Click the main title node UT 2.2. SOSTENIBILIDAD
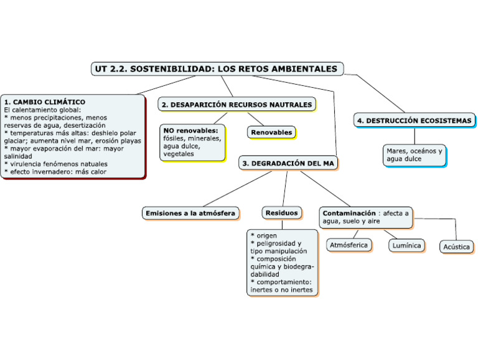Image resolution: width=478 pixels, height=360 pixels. (217, 69)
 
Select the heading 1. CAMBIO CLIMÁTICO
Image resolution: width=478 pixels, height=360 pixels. (44, 101)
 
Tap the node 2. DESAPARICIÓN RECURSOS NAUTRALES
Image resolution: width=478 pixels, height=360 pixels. (237, 105)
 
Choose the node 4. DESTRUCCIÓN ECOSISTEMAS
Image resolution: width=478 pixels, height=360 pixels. (415, 121)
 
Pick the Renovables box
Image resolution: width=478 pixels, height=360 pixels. (271, 133)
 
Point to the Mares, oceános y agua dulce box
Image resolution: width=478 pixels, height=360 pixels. (415, 155)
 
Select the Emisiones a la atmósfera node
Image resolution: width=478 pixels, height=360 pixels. (190, 213)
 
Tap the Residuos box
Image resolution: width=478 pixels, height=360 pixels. (282, 213)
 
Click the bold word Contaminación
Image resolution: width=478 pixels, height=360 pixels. (349, 213)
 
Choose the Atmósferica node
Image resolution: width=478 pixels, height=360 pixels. (349, 245)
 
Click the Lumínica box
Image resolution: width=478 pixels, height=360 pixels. (406, 245)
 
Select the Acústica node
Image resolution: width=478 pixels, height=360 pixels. (456, 247)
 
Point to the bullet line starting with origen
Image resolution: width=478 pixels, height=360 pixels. (265, 235)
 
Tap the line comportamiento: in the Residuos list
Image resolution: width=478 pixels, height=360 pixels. (283, 282)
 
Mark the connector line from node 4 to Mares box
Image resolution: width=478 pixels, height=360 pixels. (415, 136)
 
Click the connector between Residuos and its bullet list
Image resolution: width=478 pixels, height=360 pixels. (282, 224)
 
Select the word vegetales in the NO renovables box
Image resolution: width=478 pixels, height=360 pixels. (179, 154)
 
